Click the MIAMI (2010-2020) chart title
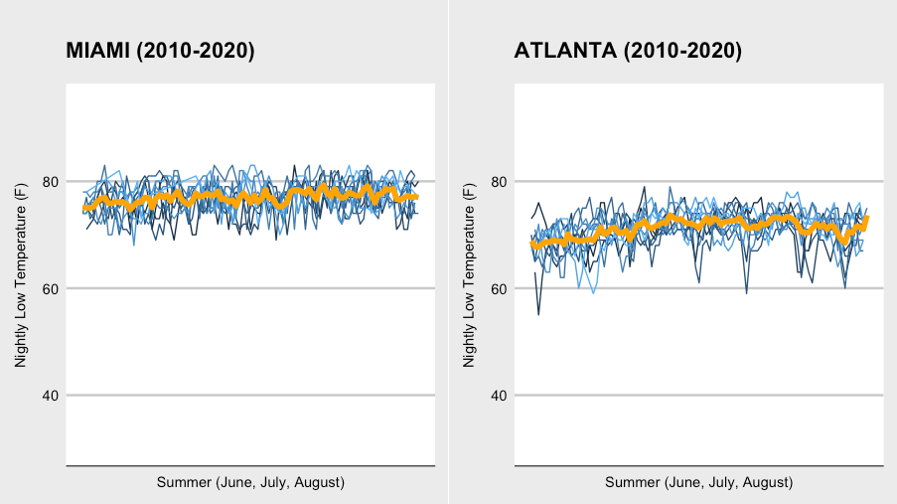160,52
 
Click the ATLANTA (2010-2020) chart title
628,52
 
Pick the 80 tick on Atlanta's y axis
500,182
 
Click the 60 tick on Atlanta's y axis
500,288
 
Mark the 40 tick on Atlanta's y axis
500,396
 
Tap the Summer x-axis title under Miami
250,482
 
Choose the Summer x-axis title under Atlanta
698,482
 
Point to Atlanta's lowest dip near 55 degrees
538,314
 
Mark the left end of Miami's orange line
85,207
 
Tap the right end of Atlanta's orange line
866,218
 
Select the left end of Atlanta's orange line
533,244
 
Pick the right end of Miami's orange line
416,197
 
